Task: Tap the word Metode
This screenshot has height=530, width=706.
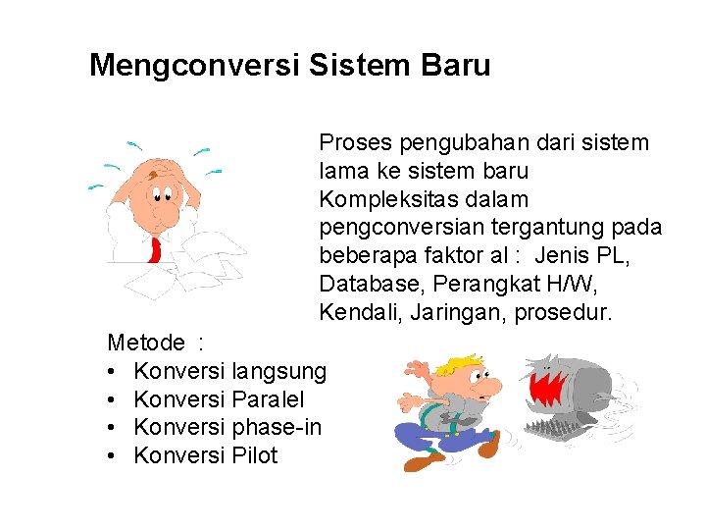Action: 146,343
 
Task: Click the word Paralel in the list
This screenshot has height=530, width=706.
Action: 268,399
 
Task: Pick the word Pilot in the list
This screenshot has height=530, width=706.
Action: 255,455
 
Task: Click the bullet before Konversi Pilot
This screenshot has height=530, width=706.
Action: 114,455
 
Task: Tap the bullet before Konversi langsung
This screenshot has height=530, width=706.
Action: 114,371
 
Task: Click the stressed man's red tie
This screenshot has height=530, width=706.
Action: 154,249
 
